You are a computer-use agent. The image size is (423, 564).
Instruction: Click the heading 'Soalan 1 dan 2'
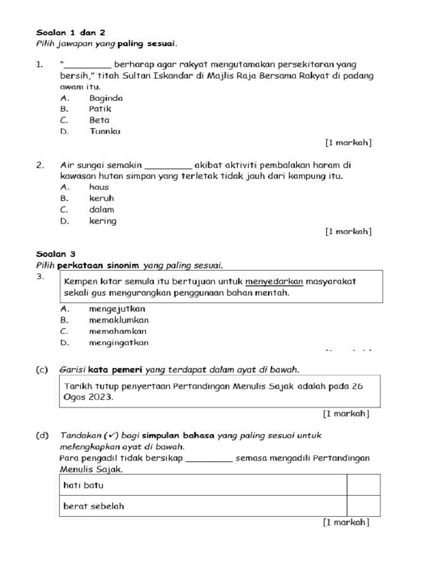pyautogui.click(x=66, y=32)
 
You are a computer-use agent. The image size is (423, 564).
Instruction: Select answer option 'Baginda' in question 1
pyautogui.click(x=106, y=98)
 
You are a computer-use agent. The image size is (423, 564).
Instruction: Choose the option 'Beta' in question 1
pyautogui.click(x=99, y=120)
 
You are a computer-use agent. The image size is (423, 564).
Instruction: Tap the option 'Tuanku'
pyautogui.click(x=105, y=131)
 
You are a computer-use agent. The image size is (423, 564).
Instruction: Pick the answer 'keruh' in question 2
pyautogui.click(x=101, y=198)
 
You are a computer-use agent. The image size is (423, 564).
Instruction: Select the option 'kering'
pyautogui.click(x=102, y=221)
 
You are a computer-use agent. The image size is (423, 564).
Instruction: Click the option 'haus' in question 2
pyautogui.click(x=99, y=187)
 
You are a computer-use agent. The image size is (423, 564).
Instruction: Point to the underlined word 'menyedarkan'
pyautogui.click(x=274, y=281)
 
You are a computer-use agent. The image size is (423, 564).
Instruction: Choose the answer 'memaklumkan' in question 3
pyautogui.click(x=118, y=320)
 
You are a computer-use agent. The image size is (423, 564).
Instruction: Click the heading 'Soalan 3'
pyautogui.click(x=56, y=254)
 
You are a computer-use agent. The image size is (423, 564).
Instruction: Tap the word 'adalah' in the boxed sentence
pyautogui.click(x=313, y=386)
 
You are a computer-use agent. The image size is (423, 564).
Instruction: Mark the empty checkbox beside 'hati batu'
pyautogui.click(x=364, y=485)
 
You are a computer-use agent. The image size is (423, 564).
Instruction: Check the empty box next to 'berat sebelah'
pyautogui.click(x=364, y=506)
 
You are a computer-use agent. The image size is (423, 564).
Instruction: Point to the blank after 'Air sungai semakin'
pyautogui.click(x=168, y=165)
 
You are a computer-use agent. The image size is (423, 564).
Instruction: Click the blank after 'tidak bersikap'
pyautogui.click(x=209, y=458)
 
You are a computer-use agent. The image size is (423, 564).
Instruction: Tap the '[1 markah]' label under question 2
pyautogui.click(x=348, y=232)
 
